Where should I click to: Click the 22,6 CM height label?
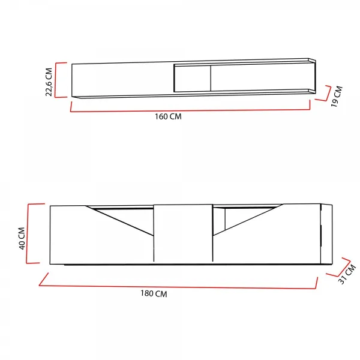49,82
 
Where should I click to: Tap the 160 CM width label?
168,116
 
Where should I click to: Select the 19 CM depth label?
337,97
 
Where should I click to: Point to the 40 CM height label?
22,238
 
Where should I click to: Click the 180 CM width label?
154,293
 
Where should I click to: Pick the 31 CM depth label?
347,274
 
